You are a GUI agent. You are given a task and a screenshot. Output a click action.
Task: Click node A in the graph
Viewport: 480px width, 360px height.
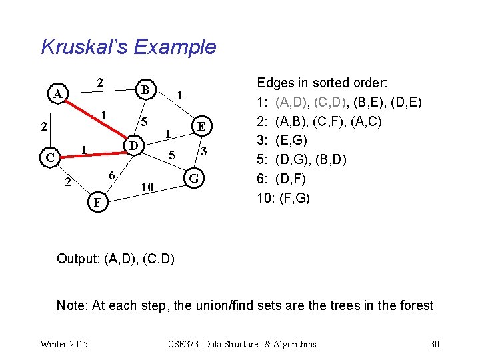pos(59,95)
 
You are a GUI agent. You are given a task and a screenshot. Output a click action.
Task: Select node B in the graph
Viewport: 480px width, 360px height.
pos(144,88)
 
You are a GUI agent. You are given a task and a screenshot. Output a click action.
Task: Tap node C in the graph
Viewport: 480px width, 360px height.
pos(47,158)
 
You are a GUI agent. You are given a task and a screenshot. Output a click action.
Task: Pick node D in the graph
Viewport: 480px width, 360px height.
pos(133,145)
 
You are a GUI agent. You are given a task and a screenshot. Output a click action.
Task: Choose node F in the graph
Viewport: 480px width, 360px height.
pos(97,201)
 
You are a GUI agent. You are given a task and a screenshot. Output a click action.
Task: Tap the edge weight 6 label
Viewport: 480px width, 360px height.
pos(113,175)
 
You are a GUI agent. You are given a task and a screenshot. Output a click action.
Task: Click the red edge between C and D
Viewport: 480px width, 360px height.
pos(90,152)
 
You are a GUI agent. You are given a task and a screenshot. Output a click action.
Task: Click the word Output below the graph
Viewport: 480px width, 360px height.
pos(78,258)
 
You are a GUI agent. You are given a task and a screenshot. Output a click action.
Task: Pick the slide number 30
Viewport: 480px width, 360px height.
pos(434,344)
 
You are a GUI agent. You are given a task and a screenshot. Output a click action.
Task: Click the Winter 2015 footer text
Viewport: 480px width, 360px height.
pos(63,344)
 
